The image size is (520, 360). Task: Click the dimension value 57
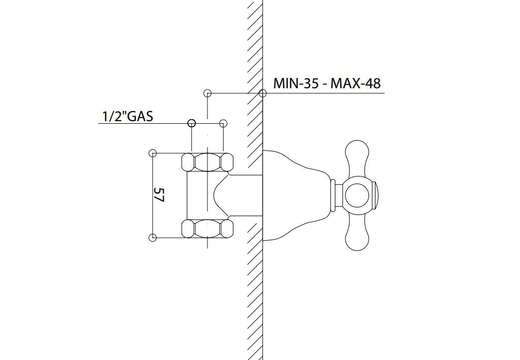(x=159, y=195)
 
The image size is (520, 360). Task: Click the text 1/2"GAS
(x=127, y=116)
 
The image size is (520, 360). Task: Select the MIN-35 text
(x=296, y=83)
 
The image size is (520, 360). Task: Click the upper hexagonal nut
(x=207, y=162)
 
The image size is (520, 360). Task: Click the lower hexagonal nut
(x=207, y=229)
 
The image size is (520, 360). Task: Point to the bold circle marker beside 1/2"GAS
(x=191, y=123)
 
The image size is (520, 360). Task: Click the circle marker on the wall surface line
(x=262, y=93)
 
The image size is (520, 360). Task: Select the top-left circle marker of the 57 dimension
(x=152, y=153)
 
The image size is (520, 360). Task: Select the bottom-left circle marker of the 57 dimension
(x=152, y=238)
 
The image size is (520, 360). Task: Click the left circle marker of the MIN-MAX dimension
(x=207, y=93)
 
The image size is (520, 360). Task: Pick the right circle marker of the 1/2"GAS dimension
(x=223, y=123)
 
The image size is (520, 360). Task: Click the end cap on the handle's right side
(x=376, y=195)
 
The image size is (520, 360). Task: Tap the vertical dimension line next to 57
(x=152, y=213)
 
